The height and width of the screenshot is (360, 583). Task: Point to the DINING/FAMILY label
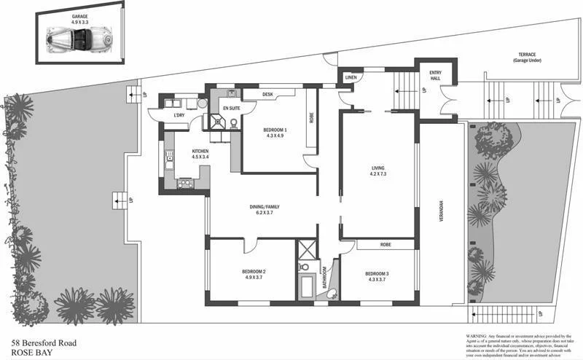pyautogui.click(x=265, y=207)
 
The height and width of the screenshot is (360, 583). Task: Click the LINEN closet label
pyautogui.click(x=351, y=77)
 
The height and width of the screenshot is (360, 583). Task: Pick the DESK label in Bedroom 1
pyautogui.click(x=267, y=94)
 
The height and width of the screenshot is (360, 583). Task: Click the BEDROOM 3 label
pyautogui.click(x=377, y=273)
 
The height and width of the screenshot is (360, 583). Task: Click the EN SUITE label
pyautogui.click(x=232, y=107)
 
